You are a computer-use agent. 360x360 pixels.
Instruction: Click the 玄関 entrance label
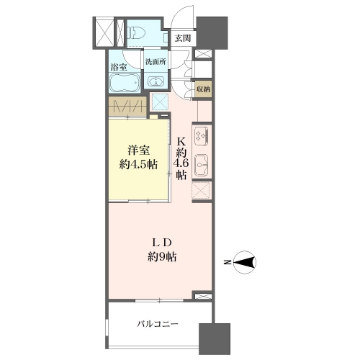[183, 38]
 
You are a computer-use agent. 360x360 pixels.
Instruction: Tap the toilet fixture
[136, 32]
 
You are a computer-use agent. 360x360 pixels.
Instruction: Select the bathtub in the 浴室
[125, 83]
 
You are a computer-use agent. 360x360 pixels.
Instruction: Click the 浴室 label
[119, 67]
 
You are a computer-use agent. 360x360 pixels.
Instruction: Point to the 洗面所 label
[156, 62]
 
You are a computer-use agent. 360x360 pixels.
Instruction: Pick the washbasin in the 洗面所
[156, 81]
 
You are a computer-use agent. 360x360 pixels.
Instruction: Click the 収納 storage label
[203, 89]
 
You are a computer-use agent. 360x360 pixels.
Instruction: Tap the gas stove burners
[202, 135]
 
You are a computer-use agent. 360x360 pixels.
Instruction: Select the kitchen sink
[202, 165]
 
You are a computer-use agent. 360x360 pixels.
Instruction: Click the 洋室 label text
[139, 150]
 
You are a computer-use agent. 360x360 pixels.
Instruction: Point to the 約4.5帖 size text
[138, 165]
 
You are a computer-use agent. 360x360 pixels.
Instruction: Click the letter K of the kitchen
[181, 142]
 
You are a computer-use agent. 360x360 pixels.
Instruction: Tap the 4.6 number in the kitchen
[181, 163]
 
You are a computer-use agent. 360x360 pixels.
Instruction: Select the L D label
[162, 243]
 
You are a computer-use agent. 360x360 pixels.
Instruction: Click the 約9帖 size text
[162, 257]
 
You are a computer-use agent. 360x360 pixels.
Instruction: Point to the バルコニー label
[158, 324]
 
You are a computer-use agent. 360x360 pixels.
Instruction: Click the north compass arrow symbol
[245, 262]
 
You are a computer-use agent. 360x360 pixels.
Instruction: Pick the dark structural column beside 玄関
[212, 32]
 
